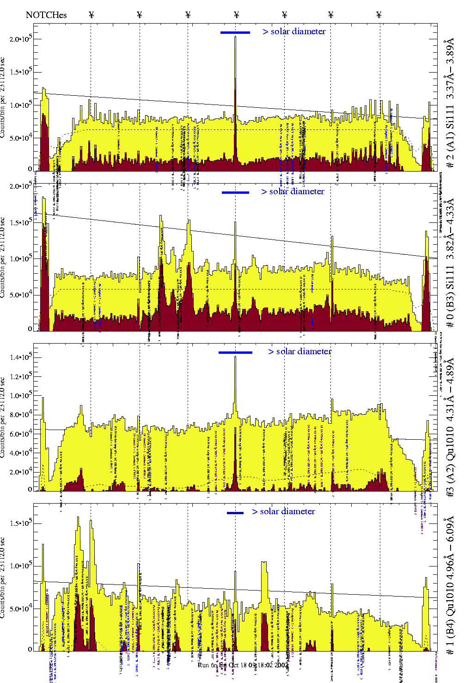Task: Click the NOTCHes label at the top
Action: point(46,15)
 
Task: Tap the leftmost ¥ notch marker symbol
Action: point(91,15)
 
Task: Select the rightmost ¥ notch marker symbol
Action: point(379,15)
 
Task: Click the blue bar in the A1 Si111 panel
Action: point(235,32)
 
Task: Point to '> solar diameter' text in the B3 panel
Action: point(293,191)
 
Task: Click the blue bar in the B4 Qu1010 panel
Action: point(235,513)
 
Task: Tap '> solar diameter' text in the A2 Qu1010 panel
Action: point(299,351)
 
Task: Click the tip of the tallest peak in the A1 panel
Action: point(235,37)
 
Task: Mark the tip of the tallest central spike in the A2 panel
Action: point(235,357)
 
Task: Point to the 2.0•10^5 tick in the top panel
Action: point(20,38)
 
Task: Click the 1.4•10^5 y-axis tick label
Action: point(20,357)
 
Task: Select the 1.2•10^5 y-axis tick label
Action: point(20,376)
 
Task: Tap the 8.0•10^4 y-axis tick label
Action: point(20,415)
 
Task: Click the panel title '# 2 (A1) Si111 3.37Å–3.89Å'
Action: point(450,105)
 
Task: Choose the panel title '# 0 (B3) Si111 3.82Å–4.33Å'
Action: point(450,263)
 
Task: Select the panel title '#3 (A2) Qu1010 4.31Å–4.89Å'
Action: point(450,427)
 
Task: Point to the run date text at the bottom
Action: point(242,665)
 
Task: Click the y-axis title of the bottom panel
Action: point(3,578)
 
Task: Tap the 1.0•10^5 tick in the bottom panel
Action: point(20,566)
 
